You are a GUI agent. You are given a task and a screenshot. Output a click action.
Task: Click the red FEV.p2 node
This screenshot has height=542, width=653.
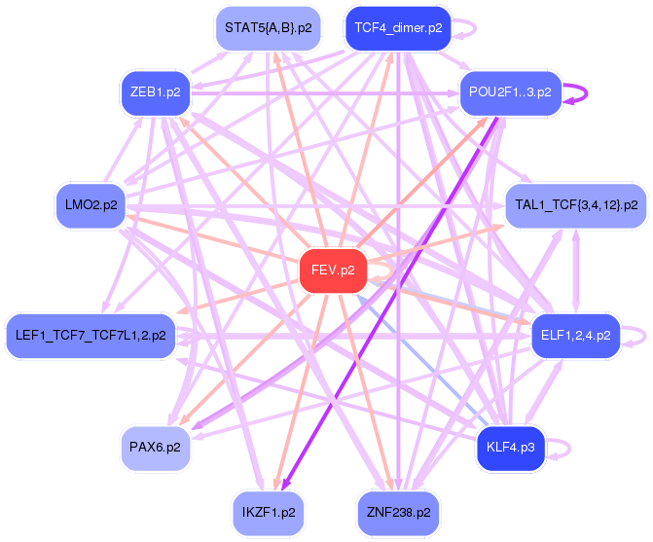pyautogui.click(x=333, y=270)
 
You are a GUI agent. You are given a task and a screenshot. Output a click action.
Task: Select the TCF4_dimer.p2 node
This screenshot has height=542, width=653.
pyautogui.click(x=398, y=28)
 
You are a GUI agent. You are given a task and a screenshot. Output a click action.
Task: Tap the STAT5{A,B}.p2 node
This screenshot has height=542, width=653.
pyautogui.click(x=268, y=28)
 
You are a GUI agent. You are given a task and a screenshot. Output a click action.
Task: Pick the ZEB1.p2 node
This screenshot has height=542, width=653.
pyautogui.click(x=155, y=92)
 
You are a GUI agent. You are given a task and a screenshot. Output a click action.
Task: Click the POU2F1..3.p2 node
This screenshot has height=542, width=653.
pyautogui.click(x=510, y=92)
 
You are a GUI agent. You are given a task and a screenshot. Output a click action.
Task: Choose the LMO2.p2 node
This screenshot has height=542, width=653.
pyautogui.click(x=91, y=205)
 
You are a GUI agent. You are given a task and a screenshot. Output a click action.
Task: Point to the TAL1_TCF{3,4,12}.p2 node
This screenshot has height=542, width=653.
pyautogui.click(x=575, y=205)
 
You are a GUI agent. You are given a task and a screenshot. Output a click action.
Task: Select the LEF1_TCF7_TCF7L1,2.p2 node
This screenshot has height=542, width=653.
pyautogui.click(x=91, y=335)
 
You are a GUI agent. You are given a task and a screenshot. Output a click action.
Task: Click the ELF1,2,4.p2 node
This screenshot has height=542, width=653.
pyautogui.click(x=575, y=335)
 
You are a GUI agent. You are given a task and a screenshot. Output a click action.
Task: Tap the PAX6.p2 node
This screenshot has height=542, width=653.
pyautogui.click(x=155, y=448)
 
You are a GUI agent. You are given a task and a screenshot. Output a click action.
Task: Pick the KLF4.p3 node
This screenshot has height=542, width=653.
pyautogui.click(x=510, y=448)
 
